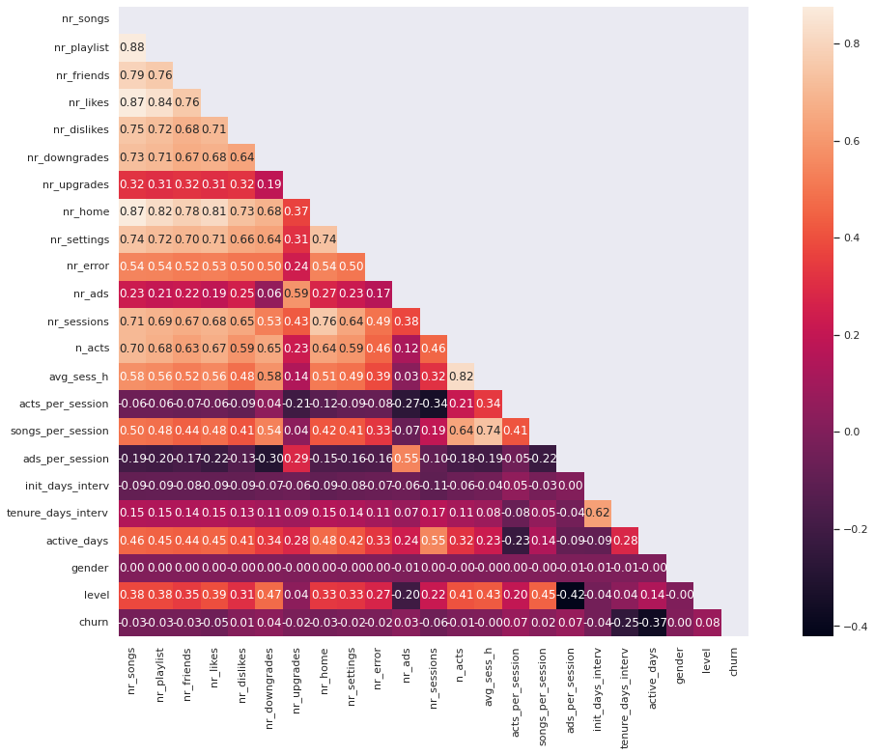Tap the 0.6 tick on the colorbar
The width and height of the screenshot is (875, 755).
point(836,140)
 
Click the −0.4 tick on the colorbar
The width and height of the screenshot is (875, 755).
point(836,627)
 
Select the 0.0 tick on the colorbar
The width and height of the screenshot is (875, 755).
point(836,432)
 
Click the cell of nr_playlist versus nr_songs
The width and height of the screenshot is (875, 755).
point(131,46)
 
